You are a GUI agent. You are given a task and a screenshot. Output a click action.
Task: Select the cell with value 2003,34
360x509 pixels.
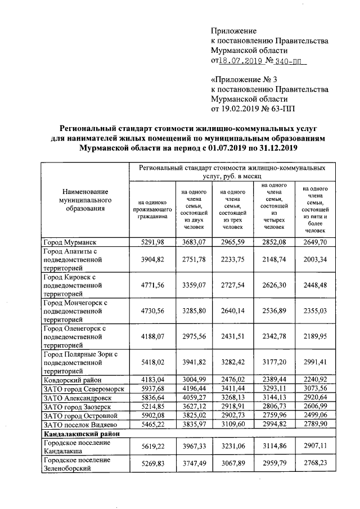[x=314, y=261]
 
